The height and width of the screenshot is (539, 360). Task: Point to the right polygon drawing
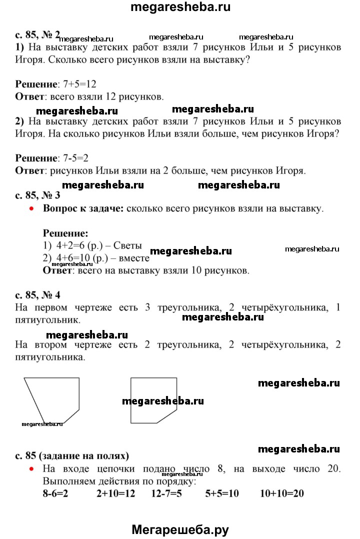(153, 400)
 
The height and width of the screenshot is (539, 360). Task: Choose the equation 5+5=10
(222, 493)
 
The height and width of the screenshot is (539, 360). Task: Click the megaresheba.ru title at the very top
(180, 7)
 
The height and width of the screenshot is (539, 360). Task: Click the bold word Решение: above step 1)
(65, 233)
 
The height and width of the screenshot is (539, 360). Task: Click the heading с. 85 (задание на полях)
(72, 455)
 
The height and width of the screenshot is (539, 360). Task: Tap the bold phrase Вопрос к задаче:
(83, 209)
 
